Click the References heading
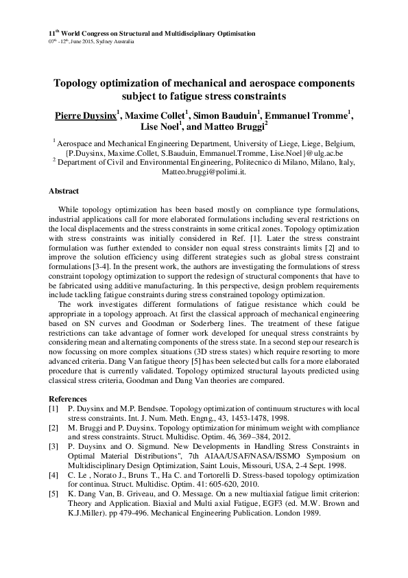[69, 400]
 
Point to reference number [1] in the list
[53, 408]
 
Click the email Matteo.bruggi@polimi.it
[204, 172]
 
